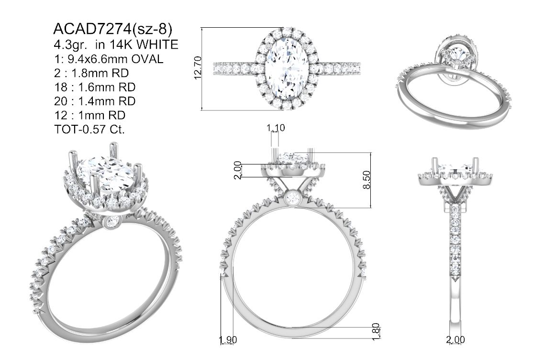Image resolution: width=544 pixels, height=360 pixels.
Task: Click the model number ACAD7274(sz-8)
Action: [113, 30]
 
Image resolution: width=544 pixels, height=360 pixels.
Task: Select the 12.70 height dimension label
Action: [198, 68]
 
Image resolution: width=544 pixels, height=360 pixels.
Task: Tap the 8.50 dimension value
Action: [366, 180]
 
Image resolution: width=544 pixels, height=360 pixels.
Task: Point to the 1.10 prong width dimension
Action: [276, 128]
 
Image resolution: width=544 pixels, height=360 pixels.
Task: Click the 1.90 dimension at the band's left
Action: [228, 340]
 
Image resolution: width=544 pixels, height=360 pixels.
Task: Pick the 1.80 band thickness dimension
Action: [376, 332]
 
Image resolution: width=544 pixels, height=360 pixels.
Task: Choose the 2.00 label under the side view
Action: [455, 340]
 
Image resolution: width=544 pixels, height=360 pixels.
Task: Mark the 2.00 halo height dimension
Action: [238, 170]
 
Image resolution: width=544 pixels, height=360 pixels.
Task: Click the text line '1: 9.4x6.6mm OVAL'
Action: [109, 59]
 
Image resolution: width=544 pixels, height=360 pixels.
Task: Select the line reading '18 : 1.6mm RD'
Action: [95, 87]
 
